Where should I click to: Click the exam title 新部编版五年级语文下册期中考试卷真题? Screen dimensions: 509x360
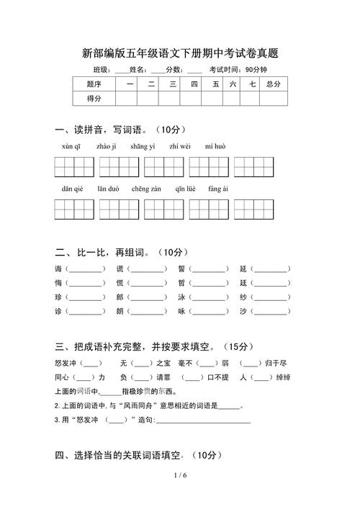[x=180, y=53]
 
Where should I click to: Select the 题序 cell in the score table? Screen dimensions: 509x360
[x=94, y=84]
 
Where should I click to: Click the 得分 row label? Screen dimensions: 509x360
[x=94, y=98]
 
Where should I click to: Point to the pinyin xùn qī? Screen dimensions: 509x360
[x=71, y=146]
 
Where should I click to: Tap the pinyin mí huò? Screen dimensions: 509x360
[x=215, y=146]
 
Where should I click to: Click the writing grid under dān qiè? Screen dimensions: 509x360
[x=74, y=209]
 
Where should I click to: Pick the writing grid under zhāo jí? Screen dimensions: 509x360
[x=119, y=166]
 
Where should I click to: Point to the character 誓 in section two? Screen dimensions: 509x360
[x=181, y=269]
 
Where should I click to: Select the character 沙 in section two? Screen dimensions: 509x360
[x=243, y=312]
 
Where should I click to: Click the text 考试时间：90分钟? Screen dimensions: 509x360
[x=238, y=70]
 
